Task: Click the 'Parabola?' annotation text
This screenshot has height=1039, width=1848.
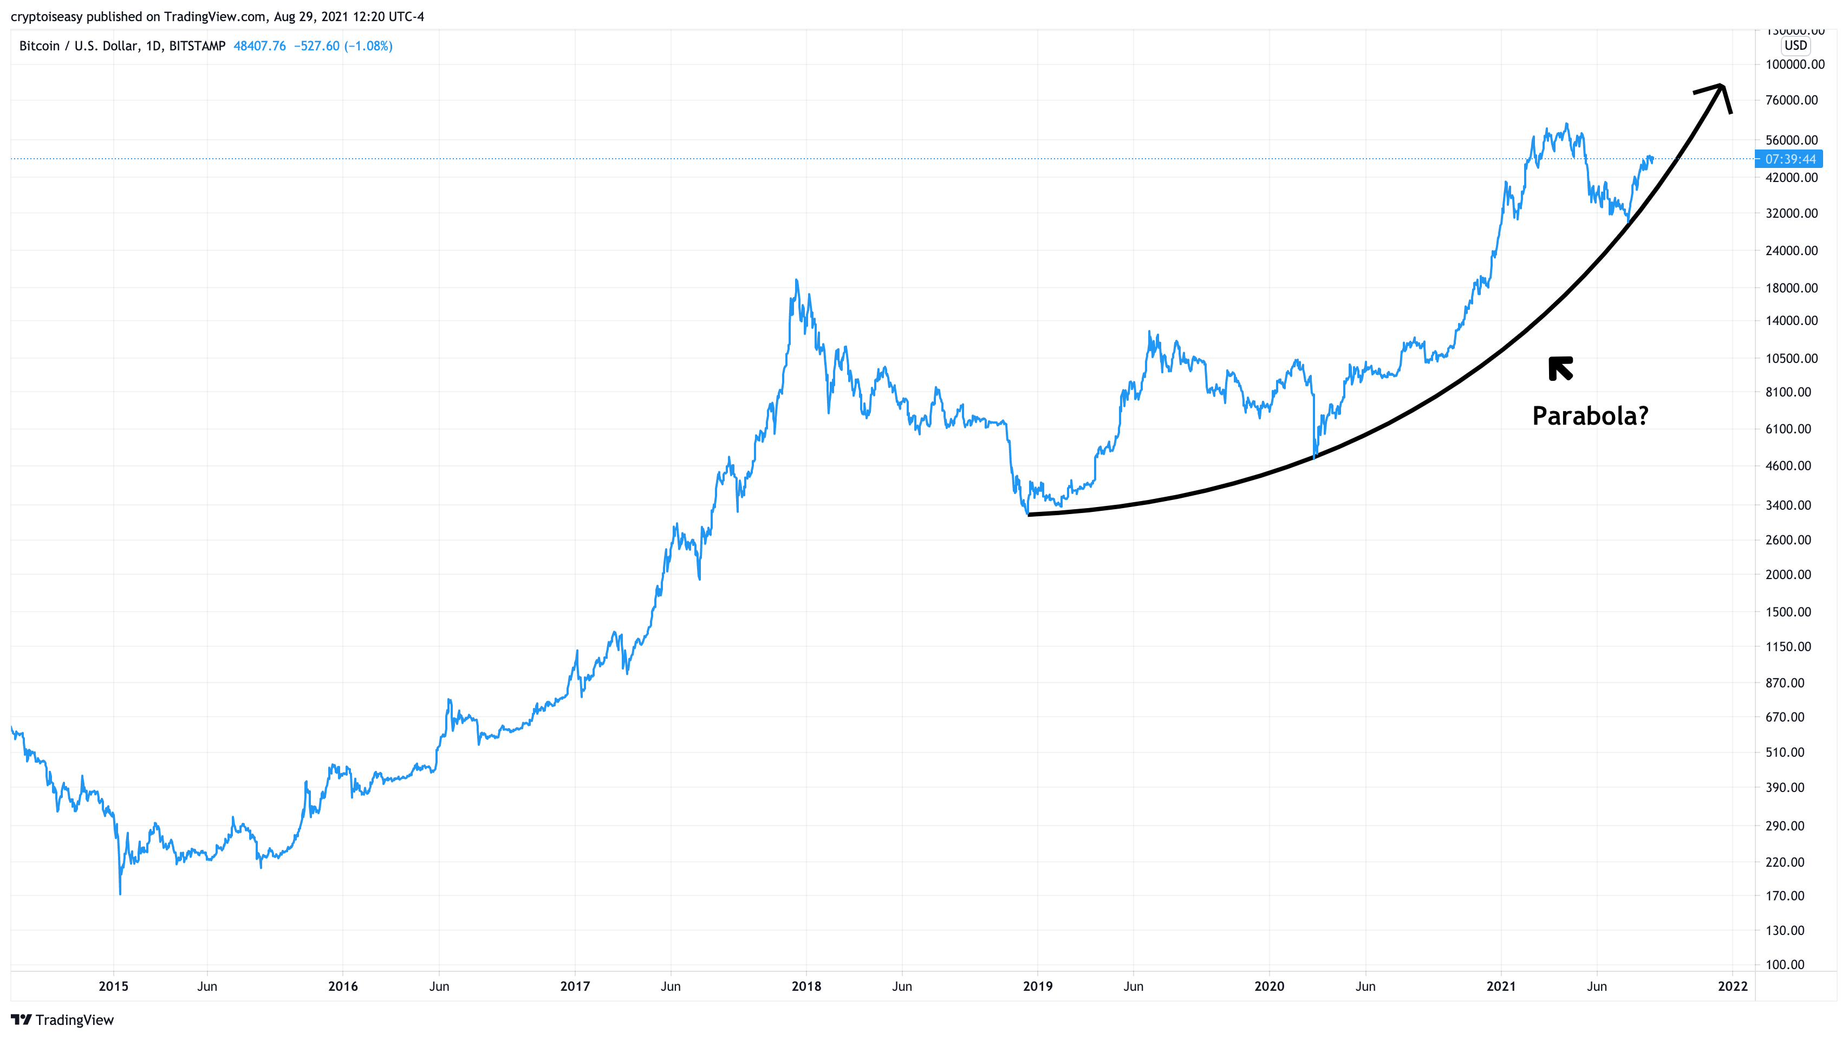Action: coord(1590,415)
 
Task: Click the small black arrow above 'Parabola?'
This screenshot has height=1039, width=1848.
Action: coord(1560,368)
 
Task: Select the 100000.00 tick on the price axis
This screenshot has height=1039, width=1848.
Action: coord(1794,64)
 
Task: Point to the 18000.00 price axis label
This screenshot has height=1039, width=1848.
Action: coord(1791,288)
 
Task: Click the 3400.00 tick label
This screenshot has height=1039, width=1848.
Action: coord(1788,505)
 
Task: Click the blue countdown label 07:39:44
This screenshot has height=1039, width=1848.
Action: coord(1790,159)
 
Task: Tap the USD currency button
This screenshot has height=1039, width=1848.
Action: coord(1795,45)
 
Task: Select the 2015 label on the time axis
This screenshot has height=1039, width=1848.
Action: coord(113,986)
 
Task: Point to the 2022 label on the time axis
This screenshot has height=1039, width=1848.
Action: coord(1733,986)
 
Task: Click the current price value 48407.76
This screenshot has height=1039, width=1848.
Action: coord(259,46)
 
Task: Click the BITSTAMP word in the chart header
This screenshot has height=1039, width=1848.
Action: coord(197,46)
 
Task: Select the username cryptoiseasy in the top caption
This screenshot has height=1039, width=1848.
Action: coord(47,16)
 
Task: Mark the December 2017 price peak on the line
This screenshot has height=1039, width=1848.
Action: coord(796,281)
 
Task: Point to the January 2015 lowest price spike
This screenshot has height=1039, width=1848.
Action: coord(120,893)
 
